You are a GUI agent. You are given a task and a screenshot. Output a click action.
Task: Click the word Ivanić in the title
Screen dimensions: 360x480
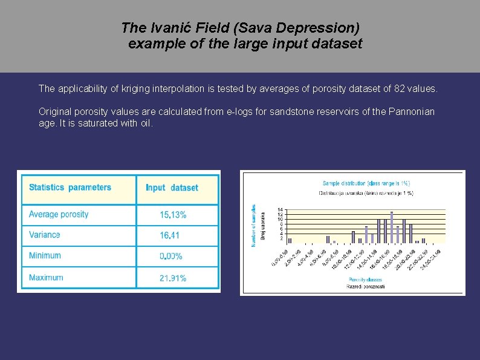pyautogui.click(x=162, y=28)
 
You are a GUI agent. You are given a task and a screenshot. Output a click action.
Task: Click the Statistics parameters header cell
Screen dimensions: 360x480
pyautogui.click(x=70, y=188)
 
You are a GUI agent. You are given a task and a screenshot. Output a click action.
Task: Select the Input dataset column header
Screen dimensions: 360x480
pyautogui.click(x=172, y=188)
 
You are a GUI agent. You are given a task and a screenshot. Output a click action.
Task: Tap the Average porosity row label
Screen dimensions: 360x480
pyautogui.click(x=59, y=214)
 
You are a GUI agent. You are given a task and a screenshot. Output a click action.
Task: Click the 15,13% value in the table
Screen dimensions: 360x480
pyautogui.click(x=173, y=215)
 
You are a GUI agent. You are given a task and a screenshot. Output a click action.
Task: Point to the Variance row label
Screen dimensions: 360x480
pyautogui.click(x=45, y=235)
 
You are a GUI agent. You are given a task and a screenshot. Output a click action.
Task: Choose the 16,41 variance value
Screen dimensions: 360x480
pyautogui.click(x=169, y=235)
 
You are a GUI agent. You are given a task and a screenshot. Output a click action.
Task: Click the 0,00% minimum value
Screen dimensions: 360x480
pyautogui.click(x=171, y=257)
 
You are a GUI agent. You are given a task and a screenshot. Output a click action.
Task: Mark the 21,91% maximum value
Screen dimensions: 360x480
pyautogui.click(x=173, y=278)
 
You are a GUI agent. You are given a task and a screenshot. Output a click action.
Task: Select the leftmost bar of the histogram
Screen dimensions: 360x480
pyautogui.click(x=290, y=240)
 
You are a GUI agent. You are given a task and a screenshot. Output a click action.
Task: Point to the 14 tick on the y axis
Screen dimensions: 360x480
pyautogui.click(x=280, y=209)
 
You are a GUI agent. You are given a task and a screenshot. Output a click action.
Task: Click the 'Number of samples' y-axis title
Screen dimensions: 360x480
pyautogui.click(x=253, y=225)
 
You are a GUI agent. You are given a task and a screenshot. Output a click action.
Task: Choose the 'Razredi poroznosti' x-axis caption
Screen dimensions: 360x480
pyautogui.click(x=366, y=286)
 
